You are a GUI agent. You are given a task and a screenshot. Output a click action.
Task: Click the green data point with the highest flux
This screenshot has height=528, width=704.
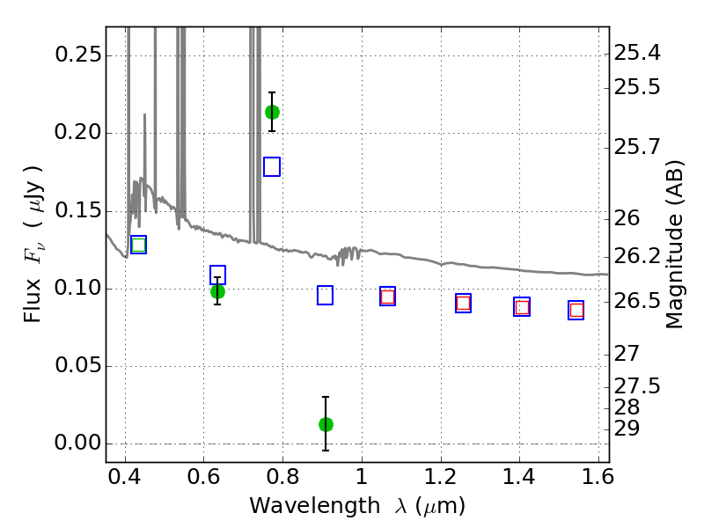272,113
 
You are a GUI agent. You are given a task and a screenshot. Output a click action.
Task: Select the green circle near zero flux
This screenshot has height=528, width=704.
326,424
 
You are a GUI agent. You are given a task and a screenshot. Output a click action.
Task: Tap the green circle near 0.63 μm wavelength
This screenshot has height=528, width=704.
217,292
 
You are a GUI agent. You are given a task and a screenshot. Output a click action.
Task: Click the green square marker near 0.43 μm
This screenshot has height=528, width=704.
138,246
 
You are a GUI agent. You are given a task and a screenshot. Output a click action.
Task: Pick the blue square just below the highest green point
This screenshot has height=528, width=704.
272,167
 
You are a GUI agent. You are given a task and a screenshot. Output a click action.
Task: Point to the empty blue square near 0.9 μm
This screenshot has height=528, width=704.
325,296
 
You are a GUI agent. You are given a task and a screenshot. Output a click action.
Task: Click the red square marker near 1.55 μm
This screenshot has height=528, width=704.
576,311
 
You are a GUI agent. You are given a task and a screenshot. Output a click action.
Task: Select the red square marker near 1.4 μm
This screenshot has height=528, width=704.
522,307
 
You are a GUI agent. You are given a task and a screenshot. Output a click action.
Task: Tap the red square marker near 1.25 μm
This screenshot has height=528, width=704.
464,304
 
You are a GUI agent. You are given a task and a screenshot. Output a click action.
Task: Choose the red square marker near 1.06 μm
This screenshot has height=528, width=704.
387,297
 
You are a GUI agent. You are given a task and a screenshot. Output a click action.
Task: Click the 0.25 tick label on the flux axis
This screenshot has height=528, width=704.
77,55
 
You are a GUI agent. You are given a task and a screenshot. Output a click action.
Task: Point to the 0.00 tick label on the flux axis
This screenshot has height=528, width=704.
77,444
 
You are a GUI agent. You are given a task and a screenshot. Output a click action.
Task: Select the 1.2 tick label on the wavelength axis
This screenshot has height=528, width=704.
441,477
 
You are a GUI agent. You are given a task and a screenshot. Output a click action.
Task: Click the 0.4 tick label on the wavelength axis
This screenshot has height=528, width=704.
125,477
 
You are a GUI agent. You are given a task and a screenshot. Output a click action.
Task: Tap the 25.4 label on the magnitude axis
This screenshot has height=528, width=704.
637,54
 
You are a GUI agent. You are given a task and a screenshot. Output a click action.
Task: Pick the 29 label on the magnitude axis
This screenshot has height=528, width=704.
627,429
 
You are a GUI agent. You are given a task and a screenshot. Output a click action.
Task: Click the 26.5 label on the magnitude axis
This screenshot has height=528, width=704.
637,301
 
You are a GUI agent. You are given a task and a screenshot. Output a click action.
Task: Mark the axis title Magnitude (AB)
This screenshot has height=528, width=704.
674,245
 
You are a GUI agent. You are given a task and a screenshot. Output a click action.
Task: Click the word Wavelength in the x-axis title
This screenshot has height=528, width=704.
315,507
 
